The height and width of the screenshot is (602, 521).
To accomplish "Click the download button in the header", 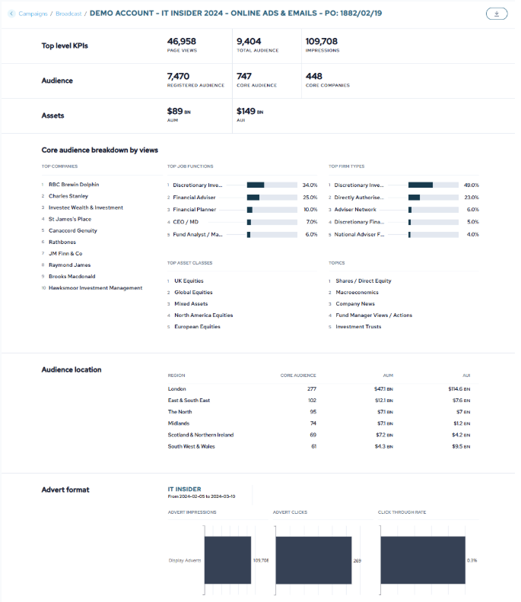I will click(496, 14).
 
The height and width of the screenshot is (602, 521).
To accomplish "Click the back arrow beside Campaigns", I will click(11, 14).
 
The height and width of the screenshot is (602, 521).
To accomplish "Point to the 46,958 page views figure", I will click(183, 41).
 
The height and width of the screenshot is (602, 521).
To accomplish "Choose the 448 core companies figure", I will click(314, 76).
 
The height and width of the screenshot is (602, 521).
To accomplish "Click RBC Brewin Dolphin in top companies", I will click(74, 185).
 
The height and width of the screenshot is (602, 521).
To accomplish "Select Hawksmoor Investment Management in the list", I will click(95, 288).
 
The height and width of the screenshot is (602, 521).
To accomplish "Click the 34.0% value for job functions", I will click(310, 185).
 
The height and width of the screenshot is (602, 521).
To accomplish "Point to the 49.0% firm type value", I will click(471, 185).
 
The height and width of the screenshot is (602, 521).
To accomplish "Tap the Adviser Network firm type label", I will click(355, 210).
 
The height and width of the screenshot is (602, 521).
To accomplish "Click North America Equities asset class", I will click(203, 315).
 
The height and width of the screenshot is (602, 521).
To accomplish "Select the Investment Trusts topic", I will click(358, 327).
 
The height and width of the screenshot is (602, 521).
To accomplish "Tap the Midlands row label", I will click(179, 423).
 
